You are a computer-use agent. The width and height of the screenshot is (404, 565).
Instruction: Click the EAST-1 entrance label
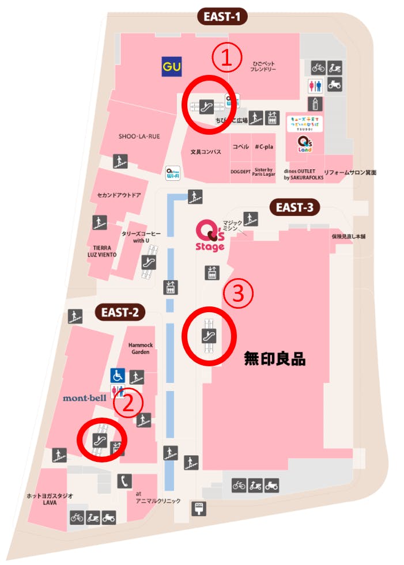[x=222, y=17]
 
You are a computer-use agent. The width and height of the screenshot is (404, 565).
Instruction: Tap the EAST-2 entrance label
[x=120, y=313]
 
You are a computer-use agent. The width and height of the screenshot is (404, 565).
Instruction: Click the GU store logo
[x=171, y=67]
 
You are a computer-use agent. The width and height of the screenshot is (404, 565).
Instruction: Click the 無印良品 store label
[x=274, y=360]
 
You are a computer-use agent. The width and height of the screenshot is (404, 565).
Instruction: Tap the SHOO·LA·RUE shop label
[x=139, y=136]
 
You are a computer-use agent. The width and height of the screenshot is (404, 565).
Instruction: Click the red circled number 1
[x=225, y=57]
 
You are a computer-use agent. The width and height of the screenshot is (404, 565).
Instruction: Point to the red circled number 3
[x=238, y=294]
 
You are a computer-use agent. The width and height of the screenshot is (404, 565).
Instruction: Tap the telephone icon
[x=124, y=480]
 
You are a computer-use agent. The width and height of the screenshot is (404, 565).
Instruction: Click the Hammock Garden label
[x=139, y=348]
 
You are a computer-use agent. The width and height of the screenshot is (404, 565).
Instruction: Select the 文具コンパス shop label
[x=206, y=152]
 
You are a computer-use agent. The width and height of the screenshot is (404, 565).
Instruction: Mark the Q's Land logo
[x=304, y=144]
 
